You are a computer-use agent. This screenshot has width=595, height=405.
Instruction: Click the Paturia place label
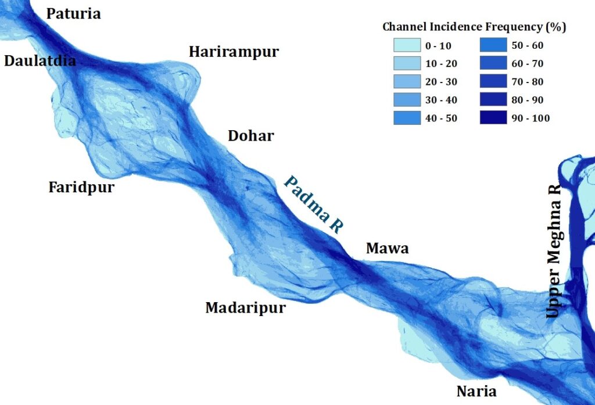point(73,13)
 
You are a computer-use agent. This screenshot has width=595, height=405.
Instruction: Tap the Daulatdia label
point(40,60)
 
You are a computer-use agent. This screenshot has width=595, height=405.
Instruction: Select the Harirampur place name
point(234,52)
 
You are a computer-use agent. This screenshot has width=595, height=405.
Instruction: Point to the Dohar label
point(251,136)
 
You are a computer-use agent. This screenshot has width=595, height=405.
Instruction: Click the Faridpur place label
point(81,188)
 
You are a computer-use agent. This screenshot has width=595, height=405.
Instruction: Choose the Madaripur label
point(246,307)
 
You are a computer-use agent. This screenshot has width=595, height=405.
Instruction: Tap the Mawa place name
point(387,249)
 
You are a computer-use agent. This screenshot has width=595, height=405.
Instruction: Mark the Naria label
point(476,391)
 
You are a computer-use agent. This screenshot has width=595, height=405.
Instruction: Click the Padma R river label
point(313,204)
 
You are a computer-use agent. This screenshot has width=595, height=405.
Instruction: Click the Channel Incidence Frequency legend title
point(474,27)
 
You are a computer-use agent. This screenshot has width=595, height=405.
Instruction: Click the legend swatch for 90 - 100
point(494,119)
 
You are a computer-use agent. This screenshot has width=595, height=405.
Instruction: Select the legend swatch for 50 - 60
point(494,45)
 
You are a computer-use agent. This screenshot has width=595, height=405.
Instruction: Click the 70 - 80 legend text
point(529,82)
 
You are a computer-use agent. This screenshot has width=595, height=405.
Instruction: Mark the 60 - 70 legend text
point(529,63)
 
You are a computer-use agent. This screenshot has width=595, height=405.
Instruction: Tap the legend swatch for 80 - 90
point(494,100)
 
